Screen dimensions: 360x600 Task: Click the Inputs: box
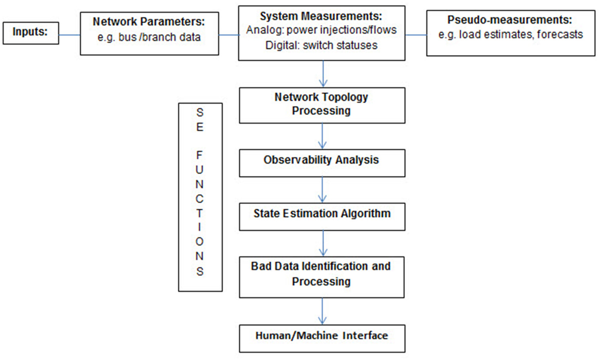point(30,33)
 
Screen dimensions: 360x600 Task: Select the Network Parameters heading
point(149,21)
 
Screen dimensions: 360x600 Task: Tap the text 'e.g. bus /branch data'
point(149,37)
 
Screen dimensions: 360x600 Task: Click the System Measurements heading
point(321,16)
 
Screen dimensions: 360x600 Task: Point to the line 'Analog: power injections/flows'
point(321,30)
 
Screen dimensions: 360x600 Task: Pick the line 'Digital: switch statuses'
point(321,45)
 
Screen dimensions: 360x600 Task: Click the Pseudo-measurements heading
point(510,20)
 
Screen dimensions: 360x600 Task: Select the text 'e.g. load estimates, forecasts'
point(510,35)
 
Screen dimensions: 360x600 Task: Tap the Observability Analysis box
point(322,163)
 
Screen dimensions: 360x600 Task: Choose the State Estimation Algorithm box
point(322,216)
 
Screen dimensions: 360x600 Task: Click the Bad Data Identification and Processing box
point(322,277)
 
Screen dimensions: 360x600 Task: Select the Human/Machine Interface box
point(322,338)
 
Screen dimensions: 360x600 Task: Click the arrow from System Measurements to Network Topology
point(323,74)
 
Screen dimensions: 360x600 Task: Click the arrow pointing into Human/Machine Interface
point(322,311)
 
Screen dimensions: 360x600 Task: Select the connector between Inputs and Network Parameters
point(70,35)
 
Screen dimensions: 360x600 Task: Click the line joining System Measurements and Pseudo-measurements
point(416,35)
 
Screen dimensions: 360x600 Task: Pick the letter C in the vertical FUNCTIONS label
point(200,199)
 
